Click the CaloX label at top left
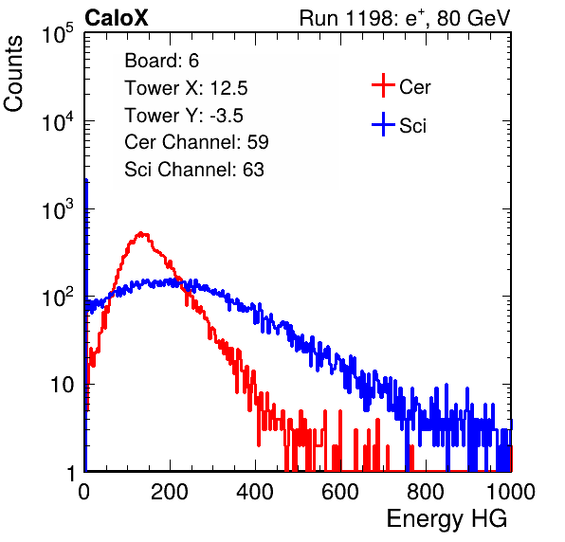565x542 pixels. [x=117, y=18]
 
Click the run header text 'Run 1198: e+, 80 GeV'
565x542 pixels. [x=405, y=18]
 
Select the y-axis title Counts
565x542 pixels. [x=13, y=74]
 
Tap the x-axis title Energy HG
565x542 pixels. [x=447, y=519]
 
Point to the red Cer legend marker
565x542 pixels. [x=383, y=85]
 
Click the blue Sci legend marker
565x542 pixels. [x=383, y=124]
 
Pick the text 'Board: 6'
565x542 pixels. [x=161, y=61]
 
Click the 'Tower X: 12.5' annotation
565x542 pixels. [x=186, y=88]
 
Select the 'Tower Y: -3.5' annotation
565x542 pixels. [x=184, y=116]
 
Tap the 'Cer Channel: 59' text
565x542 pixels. [x=196, y=142]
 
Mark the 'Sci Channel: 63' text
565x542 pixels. [x=194, y=170]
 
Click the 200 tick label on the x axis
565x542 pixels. [x=170, y=492]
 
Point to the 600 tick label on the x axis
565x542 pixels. [x=340, y=492]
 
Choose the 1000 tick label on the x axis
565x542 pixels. [x=511, y=492]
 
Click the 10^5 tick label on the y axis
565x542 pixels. [x=58, y=34]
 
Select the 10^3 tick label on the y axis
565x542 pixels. [x=58, y=209]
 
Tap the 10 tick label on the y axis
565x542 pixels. [x=62, y=385]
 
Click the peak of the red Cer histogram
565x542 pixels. [x=141, y=234]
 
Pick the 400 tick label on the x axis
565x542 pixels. [x=255, y=492]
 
